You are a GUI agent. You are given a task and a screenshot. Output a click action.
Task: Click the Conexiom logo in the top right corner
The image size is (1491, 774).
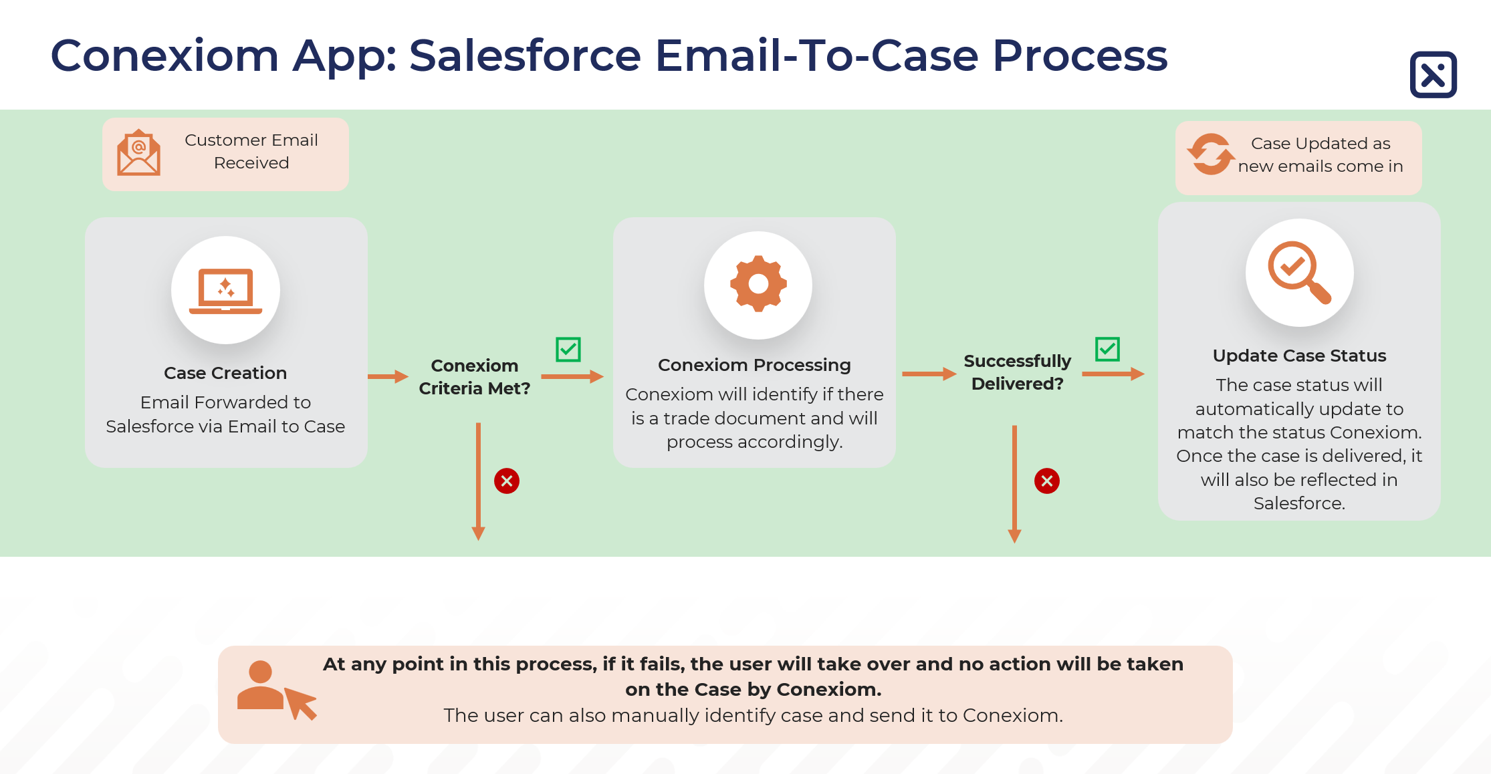click(1433, 75)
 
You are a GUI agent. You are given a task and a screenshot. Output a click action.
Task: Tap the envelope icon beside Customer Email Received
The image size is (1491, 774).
click(138, 153)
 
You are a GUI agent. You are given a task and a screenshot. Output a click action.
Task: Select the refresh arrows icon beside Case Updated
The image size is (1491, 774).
click(1210, 154)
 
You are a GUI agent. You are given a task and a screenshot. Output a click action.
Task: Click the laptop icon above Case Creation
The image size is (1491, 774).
click(226, 291)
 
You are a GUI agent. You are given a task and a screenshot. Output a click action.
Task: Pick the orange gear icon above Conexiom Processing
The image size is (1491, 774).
click(758, 284)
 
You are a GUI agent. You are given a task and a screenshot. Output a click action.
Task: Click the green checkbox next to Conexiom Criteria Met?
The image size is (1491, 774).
click(568, 349)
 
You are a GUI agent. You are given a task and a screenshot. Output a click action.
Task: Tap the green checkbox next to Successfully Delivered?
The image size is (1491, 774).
click(1107, 348)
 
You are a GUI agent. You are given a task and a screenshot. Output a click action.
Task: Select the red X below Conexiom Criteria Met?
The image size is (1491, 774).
click(507, 481)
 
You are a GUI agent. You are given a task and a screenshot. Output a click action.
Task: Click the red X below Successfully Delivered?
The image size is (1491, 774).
click(1046, 481)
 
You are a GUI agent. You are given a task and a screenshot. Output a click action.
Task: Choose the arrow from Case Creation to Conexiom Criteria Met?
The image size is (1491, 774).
click(388, 376)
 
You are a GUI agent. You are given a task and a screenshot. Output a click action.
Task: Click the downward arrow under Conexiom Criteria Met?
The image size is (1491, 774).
click(478, 481)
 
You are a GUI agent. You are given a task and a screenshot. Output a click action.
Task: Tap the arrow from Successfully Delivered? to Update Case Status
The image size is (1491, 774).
click(1113, 374)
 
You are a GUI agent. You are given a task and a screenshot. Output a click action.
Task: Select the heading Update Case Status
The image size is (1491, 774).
click(1299, 356)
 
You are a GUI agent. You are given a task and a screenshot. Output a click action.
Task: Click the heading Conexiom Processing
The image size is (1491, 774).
click(754, 365)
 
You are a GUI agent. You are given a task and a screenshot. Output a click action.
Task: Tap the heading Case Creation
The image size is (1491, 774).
click(225, 373)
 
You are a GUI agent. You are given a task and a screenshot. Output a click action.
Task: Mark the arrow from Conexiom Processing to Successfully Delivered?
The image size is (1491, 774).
click(929, 374)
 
